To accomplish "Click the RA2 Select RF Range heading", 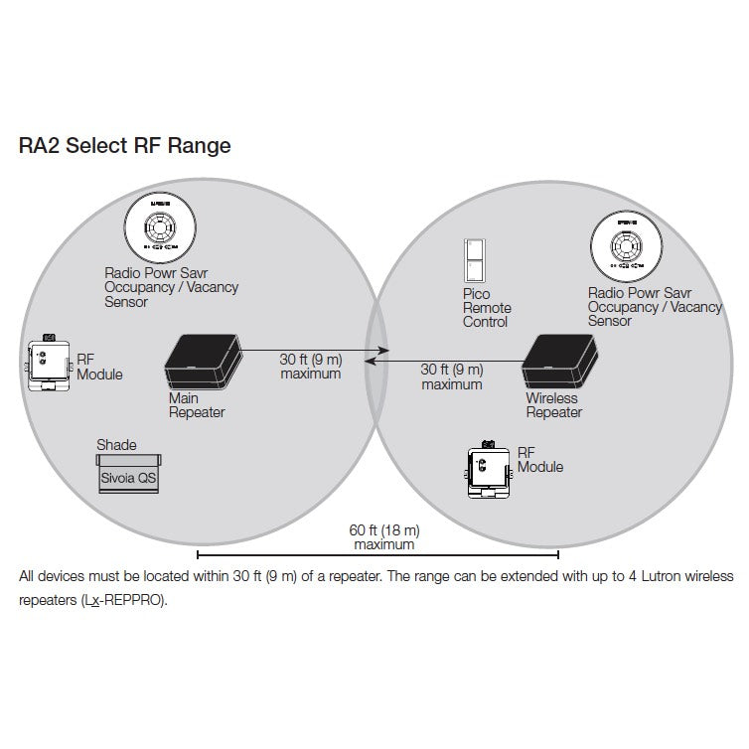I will (x=125, y=147).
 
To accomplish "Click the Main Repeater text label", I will (x=196, y=405).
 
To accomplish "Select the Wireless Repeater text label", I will (x=553, y=405).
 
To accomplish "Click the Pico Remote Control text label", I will (x=486, y=308).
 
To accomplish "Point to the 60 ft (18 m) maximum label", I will (x=384, y=537).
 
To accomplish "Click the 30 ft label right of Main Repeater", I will (x=310, y=367).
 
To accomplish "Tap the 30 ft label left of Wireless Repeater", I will (x=451, y=376).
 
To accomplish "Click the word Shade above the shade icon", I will (x=116, y=445).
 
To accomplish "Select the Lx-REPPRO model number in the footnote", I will (x=123, y=602).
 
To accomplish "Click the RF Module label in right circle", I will (x=539, y=459).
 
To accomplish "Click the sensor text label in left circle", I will (x=171, y=287).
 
